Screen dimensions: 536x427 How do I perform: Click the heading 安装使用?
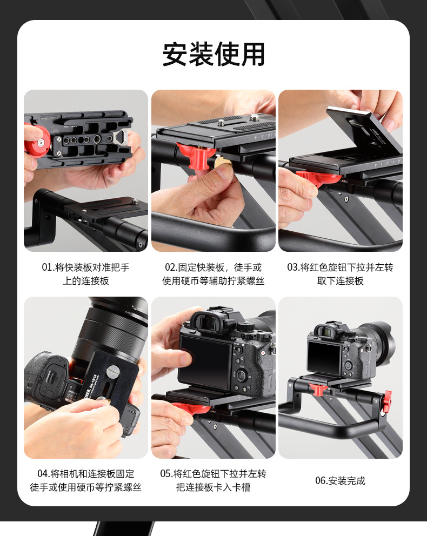point(213,55)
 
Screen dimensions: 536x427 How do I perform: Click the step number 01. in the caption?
point(48,267)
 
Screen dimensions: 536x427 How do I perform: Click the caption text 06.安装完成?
point(340,480)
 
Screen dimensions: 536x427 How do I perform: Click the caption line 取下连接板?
point(340,281)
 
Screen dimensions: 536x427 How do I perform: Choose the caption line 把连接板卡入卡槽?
point(213,487)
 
